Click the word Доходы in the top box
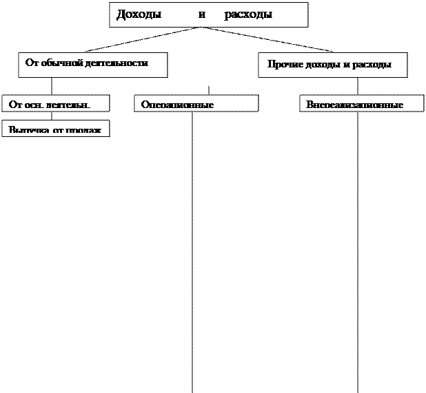click(139, 14)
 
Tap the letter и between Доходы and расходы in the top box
click(202, 14)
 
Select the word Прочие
click(284, 65)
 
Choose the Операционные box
click(196, 103)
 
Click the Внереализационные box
click(361, 103)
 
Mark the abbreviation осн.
click(35, 105)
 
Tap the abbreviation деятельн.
click(70, 105)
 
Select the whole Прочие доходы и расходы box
click(332, 65)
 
